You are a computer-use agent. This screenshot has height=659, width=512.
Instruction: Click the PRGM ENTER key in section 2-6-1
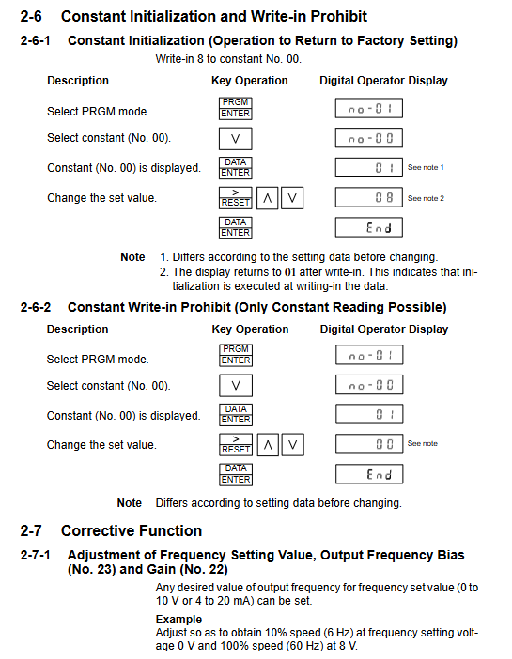pos(235,108)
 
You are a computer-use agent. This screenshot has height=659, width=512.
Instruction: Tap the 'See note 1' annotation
pos(426,167)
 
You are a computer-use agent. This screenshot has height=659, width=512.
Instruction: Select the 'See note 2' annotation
pos(426,198)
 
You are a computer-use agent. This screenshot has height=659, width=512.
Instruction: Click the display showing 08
pos(368,197)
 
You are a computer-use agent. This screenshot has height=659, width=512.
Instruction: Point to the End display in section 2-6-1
pos(368,227)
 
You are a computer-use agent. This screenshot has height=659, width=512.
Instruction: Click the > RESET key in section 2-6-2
pos(236,444)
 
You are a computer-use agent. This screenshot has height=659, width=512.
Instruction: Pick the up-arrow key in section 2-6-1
pos(267,198)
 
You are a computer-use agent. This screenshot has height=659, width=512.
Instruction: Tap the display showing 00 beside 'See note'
pos(369,444)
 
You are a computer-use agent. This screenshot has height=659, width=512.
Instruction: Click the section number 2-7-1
pos(36,555)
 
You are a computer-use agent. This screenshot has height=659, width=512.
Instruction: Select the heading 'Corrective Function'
pos(132,530)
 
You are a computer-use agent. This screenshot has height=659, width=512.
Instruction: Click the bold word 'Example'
pos(178,619)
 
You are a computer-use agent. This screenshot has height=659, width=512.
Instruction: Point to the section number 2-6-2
pos(36,307)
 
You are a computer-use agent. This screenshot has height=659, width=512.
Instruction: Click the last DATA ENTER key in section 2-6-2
pos(236,474)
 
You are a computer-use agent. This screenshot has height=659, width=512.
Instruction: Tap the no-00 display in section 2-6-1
pos(368,138)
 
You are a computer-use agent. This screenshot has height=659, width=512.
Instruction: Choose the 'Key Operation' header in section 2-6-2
pos(250,329)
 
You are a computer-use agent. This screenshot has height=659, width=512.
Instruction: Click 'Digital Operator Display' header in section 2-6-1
pos(383,81)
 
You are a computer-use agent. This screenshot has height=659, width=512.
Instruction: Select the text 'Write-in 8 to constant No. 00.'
pos(228,59)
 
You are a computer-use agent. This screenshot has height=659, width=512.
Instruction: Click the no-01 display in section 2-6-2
pos(369,355)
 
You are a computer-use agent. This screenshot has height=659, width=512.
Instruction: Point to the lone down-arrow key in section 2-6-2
pos(236,386)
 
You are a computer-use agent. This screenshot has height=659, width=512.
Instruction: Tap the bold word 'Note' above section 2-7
pos(129,503)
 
